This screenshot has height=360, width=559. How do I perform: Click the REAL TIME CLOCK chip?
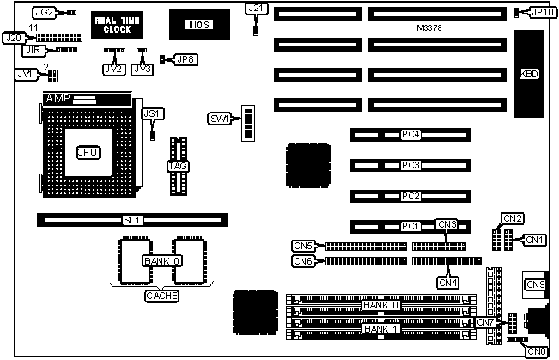point(112,23)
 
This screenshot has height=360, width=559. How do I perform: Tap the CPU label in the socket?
point(89,151)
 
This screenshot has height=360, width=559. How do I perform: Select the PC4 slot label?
point(410,135)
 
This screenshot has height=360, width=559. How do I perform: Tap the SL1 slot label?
point(131,221)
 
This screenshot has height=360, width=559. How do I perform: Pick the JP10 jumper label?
point(542,12)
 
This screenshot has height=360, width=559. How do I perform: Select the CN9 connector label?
point(535,284)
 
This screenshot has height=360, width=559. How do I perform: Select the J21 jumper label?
point(256,9)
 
